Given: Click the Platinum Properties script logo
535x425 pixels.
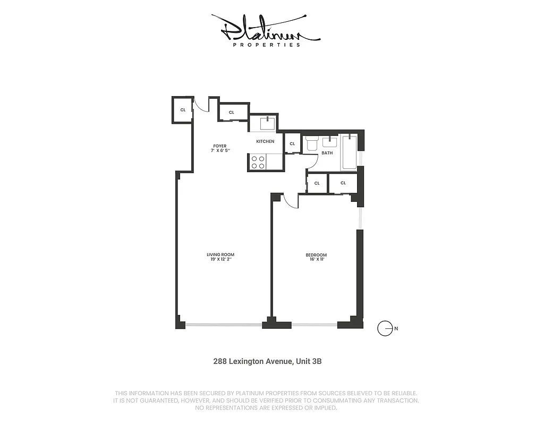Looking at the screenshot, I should click(266, 29).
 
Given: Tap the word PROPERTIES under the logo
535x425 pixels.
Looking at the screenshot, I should click(267, 45).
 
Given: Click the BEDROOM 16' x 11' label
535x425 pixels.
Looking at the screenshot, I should click(316, 257).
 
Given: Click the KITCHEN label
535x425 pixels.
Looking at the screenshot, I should click(265, 141).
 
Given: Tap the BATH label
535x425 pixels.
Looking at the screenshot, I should click(327, 153).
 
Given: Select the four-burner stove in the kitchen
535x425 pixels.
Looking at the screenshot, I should click(258, 162).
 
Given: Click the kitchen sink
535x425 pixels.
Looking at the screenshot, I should click(267, 123).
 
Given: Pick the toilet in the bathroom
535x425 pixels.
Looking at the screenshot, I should click(312, 143).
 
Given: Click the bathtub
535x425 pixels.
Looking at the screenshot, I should click(349, 152).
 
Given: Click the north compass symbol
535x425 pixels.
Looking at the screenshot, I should click(385, 328).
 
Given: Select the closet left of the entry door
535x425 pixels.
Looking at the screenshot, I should click(183, 110).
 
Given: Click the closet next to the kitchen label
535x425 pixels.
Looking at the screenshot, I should click(292, 143).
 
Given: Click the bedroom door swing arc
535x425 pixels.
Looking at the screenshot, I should click(290, 201).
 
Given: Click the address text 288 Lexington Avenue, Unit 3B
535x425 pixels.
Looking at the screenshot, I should click(267, 361).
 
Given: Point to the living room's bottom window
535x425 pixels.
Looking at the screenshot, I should click(224, 325).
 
